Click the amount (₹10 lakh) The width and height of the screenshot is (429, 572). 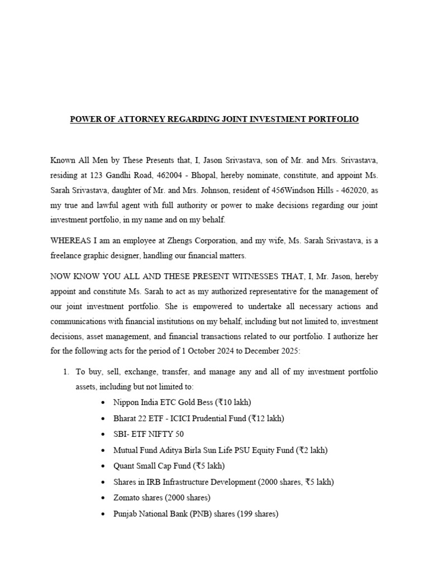tap(227, 402)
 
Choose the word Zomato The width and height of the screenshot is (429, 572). tap(118, 497)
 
